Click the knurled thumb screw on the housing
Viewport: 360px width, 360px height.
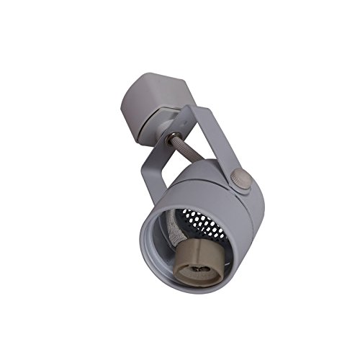tap(243, 181)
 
